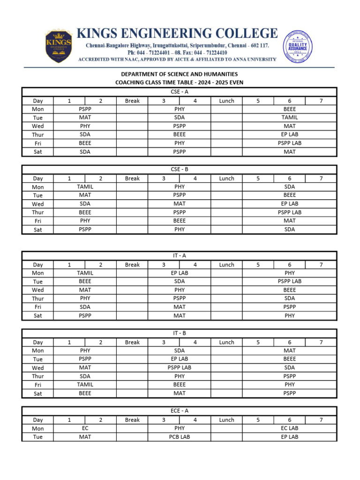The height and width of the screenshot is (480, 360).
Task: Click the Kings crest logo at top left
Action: coord(59,45)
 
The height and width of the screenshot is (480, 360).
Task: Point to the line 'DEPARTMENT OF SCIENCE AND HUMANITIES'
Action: coord(180,74)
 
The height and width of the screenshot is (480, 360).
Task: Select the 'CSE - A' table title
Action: coord(180,92)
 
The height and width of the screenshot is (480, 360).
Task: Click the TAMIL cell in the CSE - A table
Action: coord(290,118)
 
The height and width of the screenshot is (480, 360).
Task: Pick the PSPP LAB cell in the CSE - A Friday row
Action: coord(290,143)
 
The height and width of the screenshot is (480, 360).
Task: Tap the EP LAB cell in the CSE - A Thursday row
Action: coord(290,135)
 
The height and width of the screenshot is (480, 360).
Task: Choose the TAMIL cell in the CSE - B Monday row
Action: coord(85,187)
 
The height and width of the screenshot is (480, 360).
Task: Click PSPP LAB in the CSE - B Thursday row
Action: coord(290,212)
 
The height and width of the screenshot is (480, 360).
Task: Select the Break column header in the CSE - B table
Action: coord(132,178)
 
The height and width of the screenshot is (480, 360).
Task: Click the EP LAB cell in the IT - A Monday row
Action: coord(180,273)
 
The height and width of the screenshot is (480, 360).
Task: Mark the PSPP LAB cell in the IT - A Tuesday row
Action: coord(290,281)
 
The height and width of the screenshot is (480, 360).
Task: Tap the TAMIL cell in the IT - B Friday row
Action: coord(85,384)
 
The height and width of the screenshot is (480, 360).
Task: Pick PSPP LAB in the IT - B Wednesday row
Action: coord(180,367)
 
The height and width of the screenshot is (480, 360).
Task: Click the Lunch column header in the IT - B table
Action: coord(226,342)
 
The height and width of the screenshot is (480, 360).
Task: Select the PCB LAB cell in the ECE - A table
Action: coord(180,437)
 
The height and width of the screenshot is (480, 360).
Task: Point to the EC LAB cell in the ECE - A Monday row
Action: coord(290,428)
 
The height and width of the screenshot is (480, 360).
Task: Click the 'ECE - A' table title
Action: coord(180,411)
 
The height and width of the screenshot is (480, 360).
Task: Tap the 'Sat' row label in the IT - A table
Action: coord(37,315)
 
